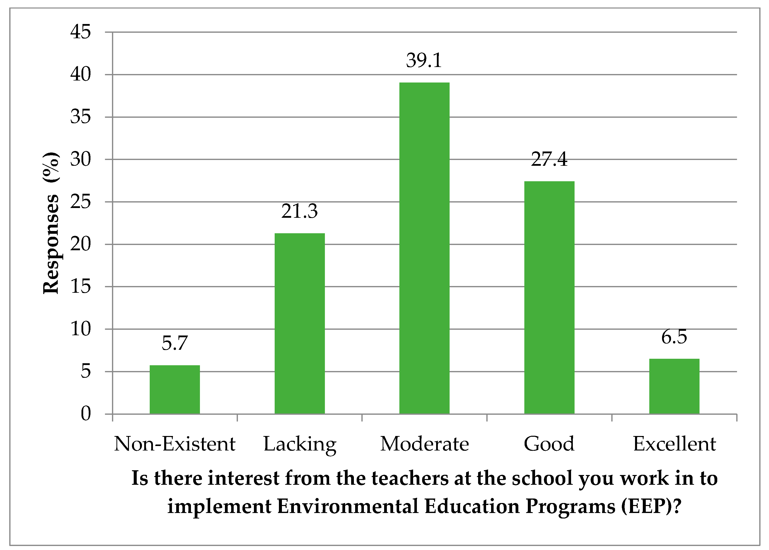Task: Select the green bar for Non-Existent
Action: click(x=175, y=389)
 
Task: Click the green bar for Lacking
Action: click(x=300, y=323)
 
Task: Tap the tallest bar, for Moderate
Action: click(x=424, y=248)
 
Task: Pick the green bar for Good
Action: click(x=549, y=297)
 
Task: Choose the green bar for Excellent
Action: click(x=674, y=386)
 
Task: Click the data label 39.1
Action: click(x=424, y=60)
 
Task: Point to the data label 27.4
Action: click(x=549, y=159)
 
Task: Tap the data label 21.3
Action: click(x=300, y=211)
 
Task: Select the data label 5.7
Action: click(x=175, y=343)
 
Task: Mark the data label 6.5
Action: click(x=674, y=337)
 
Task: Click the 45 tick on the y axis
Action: click(x=80, y=32)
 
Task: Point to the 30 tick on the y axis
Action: click(x=80, y=159)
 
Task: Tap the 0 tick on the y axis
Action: click(x=86, y=413)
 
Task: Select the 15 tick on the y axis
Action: click(x=80, y=286)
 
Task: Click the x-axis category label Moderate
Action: click(x=424, y=444)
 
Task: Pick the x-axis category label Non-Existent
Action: click(x=175, y=444)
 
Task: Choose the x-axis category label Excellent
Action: click(x=674, y=444)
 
